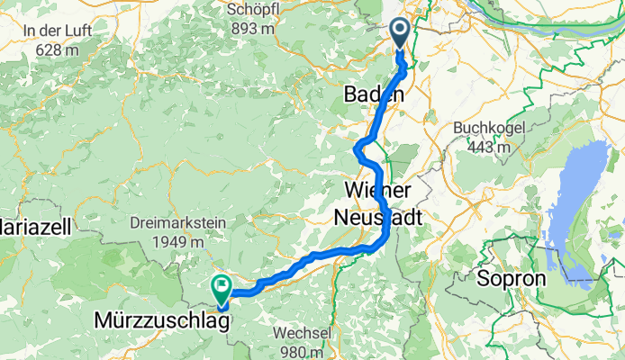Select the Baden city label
pos(374,94)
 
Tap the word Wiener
pos(377,192)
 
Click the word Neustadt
pos(378,217)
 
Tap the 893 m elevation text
pos(252,29)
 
